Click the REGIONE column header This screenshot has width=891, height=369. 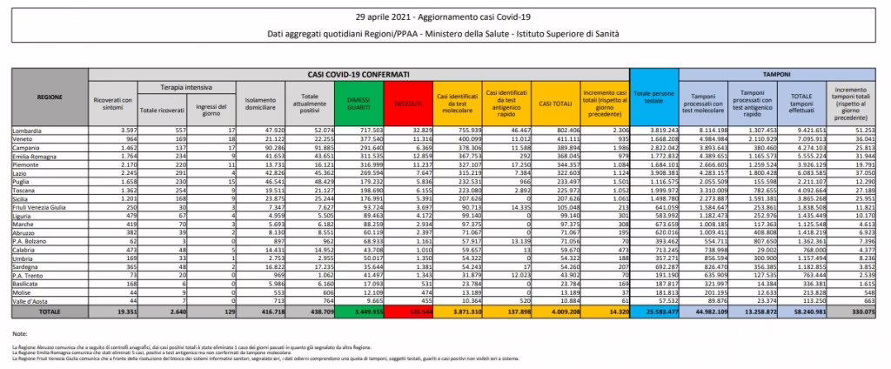pyautogui.click(x=50, y=98)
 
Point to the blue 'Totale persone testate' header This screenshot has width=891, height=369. pyautogui.click(x=652, y=98)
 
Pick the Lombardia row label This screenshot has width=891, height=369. pyautogui.click(x=30, y=130)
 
